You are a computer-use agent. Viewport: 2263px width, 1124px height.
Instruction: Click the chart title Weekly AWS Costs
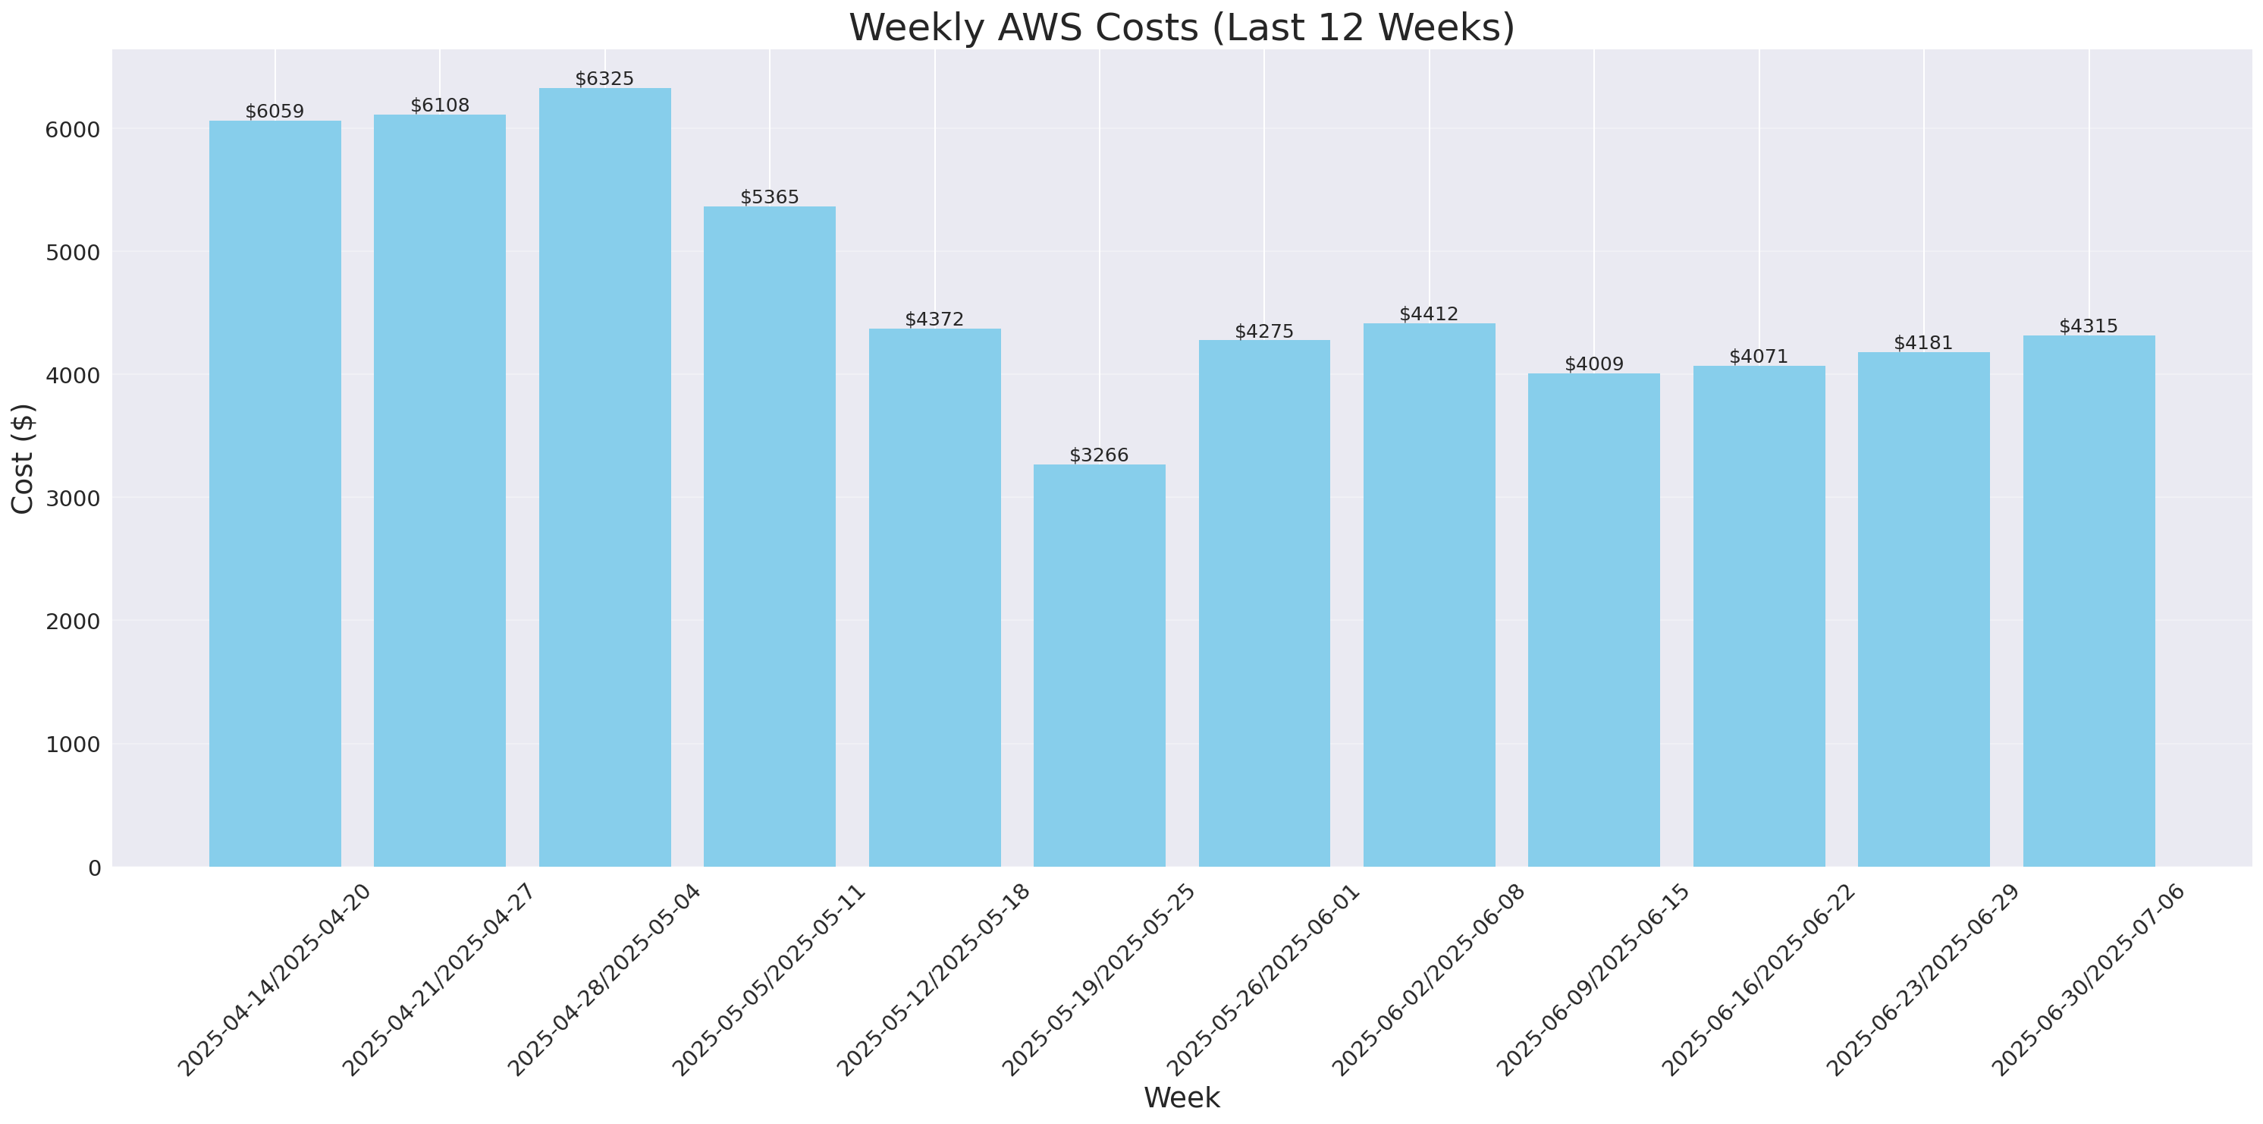(1182, 27)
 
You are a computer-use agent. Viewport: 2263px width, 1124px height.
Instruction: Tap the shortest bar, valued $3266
(1099, 666)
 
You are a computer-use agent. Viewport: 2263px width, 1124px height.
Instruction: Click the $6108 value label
(440, 105)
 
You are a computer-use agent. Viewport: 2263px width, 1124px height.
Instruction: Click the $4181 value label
(1923, 343)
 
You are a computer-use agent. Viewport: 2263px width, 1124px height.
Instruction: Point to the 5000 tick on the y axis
(72, 252)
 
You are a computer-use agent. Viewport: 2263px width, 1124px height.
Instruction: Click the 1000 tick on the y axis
(72, 745)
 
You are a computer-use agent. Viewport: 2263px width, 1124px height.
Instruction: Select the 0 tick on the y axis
(94, 867)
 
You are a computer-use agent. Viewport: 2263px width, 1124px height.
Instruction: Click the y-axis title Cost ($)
(23, 458)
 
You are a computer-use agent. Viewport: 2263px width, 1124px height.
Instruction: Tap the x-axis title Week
(1182, 1097)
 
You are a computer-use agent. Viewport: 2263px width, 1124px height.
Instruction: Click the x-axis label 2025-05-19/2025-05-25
(1098, 980)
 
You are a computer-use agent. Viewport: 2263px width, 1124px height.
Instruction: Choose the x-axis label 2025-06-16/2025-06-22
(1758, 980)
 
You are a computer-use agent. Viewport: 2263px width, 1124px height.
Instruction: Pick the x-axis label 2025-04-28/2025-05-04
(604, 980)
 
